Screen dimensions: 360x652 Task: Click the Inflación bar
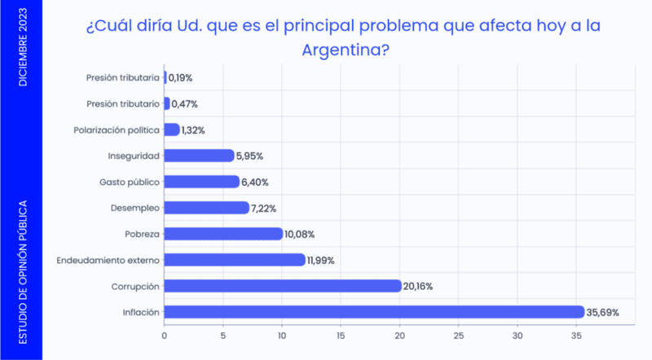click(x=374, y=312)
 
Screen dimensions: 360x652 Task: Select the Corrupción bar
click(x=283, y=286)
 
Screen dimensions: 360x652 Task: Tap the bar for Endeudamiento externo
click(x=235, y=260)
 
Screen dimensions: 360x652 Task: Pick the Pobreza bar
click(x=223, y=234)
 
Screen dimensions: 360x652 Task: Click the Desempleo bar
click(x=206, y=208)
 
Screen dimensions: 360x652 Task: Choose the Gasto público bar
click(x=202, y=182)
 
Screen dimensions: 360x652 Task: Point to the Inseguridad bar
click(x=199, y=156)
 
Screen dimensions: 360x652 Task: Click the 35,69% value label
click(x=606, y=312)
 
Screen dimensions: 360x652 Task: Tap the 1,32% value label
click(x=193, y=130)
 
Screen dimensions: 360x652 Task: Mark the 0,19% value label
click(x=180, y=78)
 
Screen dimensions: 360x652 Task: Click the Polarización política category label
click(x=116, y=130)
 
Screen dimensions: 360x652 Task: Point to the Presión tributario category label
click(x=122, y=103)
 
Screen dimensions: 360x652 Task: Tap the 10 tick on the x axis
click(x=282, y=335)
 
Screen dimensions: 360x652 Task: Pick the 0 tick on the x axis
click(x=165, y=335)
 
